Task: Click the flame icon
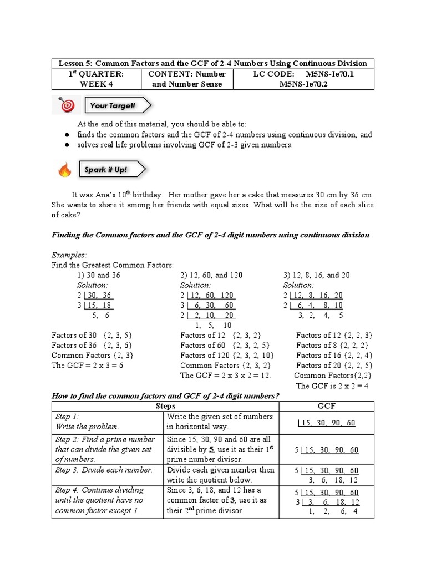[65, 170]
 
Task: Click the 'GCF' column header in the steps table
[326, 405]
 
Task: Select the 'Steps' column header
[165, 405]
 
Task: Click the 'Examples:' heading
[69, 255]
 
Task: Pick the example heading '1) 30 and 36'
[99, 275]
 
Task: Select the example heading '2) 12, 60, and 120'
[211, 275]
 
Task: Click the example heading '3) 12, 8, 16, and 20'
[317, 275]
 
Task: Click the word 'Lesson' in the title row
[70, 64]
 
